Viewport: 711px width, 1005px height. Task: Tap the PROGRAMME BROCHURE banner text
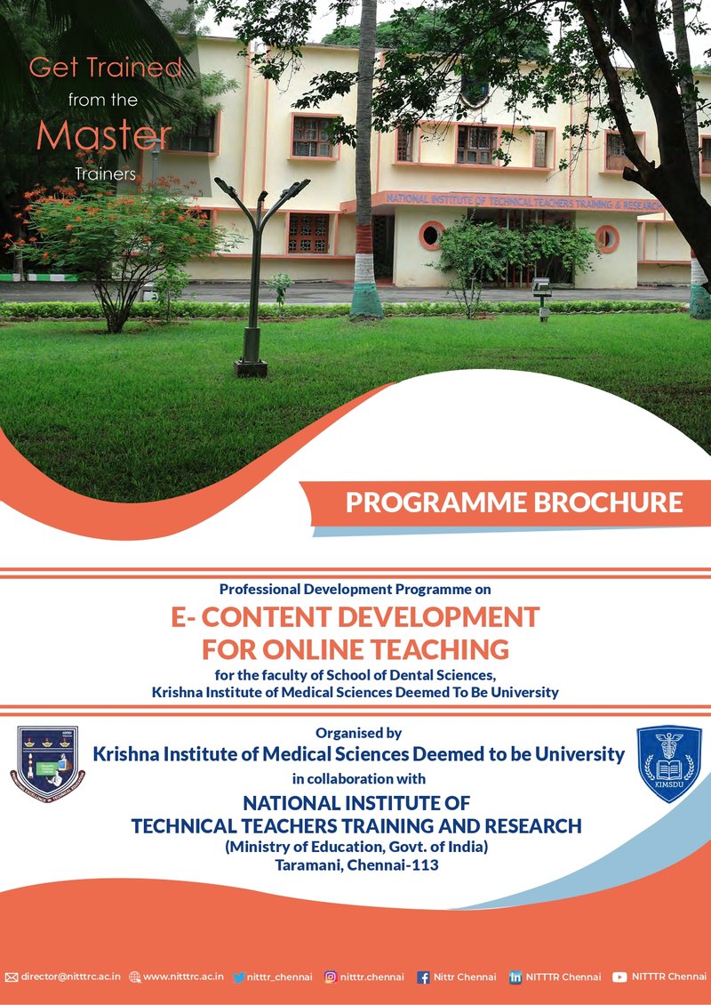514,502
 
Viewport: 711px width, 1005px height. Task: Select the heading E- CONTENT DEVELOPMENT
355,616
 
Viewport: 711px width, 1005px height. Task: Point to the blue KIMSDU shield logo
668,763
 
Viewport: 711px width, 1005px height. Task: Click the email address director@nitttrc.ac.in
70,977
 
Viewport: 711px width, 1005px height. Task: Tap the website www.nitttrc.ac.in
183,977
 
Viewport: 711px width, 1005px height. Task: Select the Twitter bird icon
238,977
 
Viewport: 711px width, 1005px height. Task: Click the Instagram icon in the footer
330,977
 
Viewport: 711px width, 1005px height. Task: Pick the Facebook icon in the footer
423,977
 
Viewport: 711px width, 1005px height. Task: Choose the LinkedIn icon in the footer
515,977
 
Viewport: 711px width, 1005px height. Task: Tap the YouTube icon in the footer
619,977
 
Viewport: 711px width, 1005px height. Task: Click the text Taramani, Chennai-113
356,863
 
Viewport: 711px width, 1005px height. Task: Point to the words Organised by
358,733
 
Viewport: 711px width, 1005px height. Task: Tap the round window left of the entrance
432,235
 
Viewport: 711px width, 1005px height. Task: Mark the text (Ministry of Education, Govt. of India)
356,845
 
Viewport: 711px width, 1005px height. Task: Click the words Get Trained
105,67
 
